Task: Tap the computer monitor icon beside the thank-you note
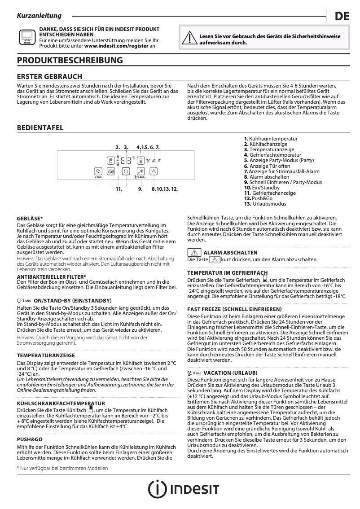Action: tap(26, 37)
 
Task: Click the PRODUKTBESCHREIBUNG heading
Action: tap(70, 60)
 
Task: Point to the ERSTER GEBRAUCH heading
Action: tap(49, 77)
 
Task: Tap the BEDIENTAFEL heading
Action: tap(40, 128)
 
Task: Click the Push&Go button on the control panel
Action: tap(111, 171)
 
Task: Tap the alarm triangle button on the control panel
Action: tap(154, 171)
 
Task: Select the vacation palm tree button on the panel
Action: tap(98, 171)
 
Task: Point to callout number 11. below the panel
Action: tap(119, 189)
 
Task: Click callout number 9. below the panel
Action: tap(140, 189)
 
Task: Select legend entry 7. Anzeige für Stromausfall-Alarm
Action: tap(281, 171)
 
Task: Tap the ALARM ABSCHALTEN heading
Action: tap(230, 253)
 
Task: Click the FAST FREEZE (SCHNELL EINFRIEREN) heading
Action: tap(234, 309)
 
